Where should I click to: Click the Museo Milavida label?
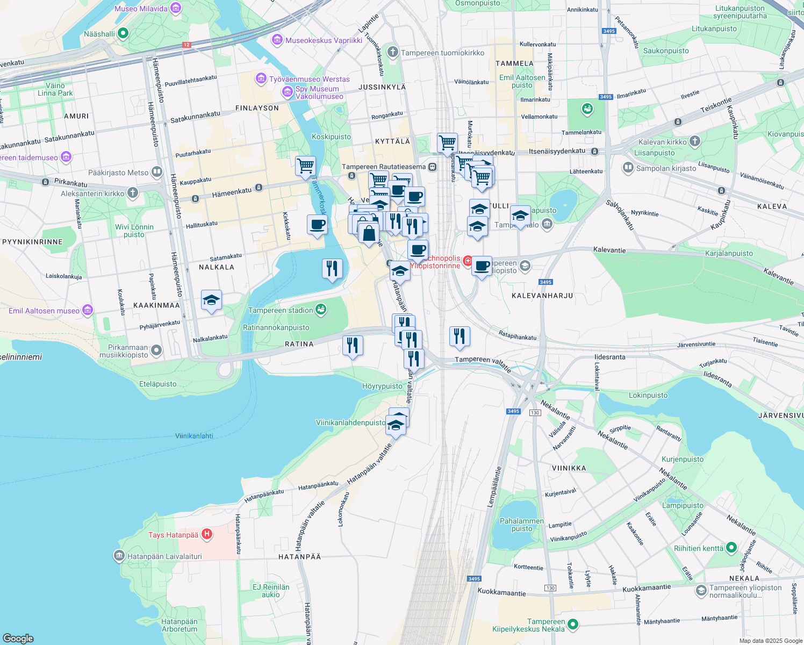[141, 9]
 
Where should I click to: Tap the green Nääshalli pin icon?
[123, 34]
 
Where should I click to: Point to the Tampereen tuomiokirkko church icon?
[393, 52]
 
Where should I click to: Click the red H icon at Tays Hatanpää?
[207, 534]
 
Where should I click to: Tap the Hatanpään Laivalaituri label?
[164, 556]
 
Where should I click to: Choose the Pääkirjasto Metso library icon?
[156, 172]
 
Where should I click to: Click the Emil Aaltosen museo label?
[44, 311]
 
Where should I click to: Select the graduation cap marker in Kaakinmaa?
[211, 300]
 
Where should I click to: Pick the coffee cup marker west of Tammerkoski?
[317, 224]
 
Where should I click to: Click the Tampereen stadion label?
[280, 310]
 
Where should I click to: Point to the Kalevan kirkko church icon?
[695, 141]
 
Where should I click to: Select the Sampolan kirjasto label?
[666, 168]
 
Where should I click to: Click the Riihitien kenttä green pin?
[731, 548]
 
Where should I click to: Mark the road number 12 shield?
[186, 45]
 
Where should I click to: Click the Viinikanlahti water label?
[194, 436]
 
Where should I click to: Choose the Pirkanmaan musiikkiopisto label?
[124, 351]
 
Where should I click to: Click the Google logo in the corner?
[18, 638]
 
